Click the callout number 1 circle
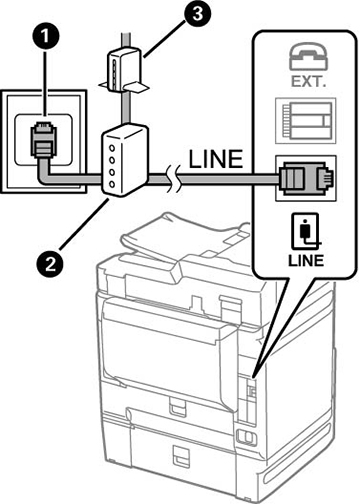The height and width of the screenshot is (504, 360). pyautogui.click(x=45, y=36)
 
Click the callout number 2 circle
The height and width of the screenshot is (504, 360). pyautogui.click(x=50, y=265)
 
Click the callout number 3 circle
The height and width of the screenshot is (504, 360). pyautogui.click(x=197, y=15)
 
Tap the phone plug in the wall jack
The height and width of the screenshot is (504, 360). pyautogui.click(x=43, y=140)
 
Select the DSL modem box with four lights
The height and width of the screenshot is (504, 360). pyautogui.click(x=125, y=159)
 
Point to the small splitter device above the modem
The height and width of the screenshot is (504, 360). pyautogui.click(x=124, y=69)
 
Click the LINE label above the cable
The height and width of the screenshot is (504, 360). pyautogui.click(x=216, y=159)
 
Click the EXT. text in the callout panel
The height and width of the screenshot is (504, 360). pyautogui.click(x=308, y=81)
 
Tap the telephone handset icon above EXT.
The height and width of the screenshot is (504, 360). pyautogui.click(x=308, y=56)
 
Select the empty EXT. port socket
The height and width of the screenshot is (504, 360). pyautogui.click(x=305, y=120)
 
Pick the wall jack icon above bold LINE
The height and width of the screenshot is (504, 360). pyautogui.click(x=306, y=231)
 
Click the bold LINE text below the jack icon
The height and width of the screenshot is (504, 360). pyautogui.click(x=306, y=260)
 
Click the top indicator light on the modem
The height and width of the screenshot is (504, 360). pyautogui.click(x=112, y=147)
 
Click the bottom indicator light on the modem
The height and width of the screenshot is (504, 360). pyautogui.click(x=112, y=184)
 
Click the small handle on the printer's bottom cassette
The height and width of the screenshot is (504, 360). pyautogui.click(x=180, y=456)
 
